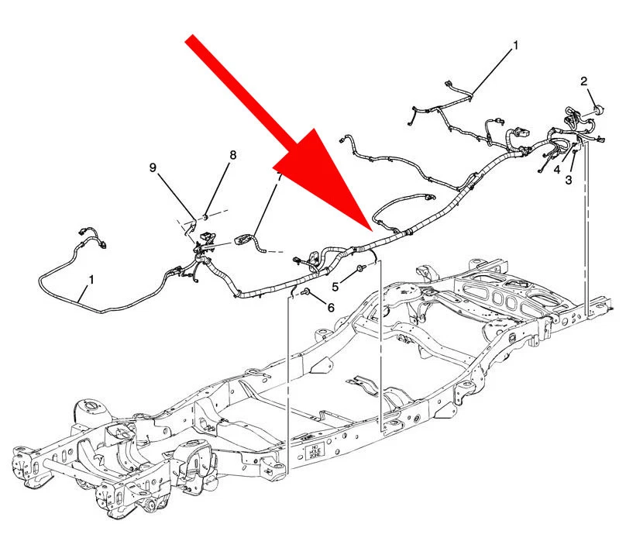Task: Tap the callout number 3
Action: coord(569,180)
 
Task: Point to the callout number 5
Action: coord(335,287)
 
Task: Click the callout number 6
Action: coord(331,308)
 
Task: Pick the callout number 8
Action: coord(233,155)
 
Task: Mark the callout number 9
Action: coord(153,167)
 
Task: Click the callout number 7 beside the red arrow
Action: coord(280,178)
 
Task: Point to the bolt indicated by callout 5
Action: coord(361,268)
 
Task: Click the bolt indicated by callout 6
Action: coord(306,291)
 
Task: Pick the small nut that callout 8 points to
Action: coord(206,216)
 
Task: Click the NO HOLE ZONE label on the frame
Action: coord(315,452)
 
